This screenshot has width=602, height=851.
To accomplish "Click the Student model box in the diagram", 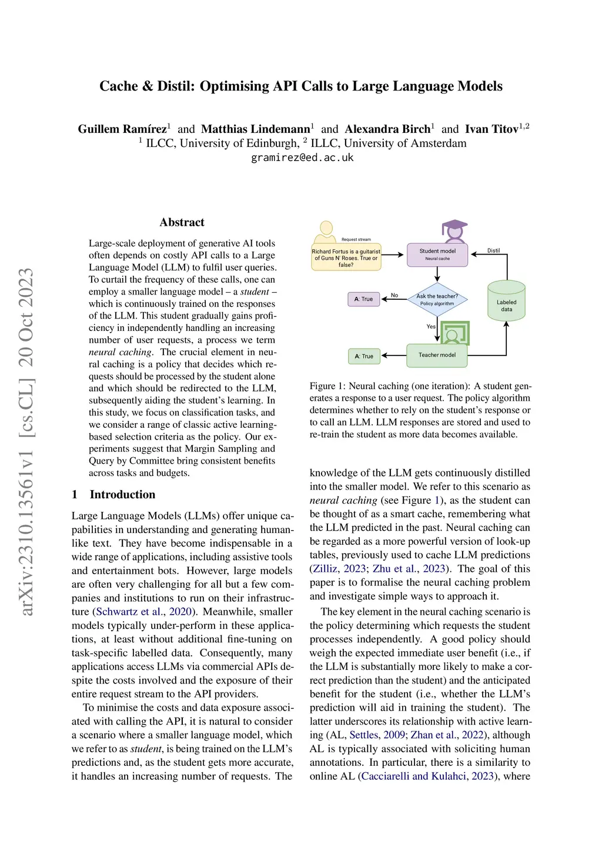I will click(x=437, y=254).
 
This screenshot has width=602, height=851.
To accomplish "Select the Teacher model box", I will click(x=437, y=355).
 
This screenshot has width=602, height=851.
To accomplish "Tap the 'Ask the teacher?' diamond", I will click(x=437, y=300).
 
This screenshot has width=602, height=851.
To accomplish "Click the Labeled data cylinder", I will click(x=506, y=302).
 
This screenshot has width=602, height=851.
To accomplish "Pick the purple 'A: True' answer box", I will click(x=364, y=299).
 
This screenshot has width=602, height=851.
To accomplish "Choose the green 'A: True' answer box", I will click(x=364, y=356).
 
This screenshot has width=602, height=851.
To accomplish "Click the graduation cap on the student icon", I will click(x=454, y=226).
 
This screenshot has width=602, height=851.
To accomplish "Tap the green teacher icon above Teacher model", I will click(x=454, y=333).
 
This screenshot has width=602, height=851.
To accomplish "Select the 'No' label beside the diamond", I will click(x=394, y=295).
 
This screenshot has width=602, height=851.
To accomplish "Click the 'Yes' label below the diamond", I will click(x=431, y=326).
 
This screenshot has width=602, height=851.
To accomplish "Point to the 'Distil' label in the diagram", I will click(x=493, y=250).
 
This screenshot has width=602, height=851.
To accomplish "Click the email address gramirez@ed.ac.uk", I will click(x=302, y=158).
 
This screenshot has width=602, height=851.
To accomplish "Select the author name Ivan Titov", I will click(x=491, y=129).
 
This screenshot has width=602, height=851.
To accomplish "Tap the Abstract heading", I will click(x=182, y=222).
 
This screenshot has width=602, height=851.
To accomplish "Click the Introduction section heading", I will click(x=122, y=494).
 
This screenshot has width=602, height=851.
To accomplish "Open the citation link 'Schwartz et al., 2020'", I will click(x=143, y=612).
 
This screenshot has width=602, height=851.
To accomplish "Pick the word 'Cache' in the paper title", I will click(x=118, y=86).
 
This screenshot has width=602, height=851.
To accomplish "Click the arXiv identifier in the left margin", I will click(x=26, y=441).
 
